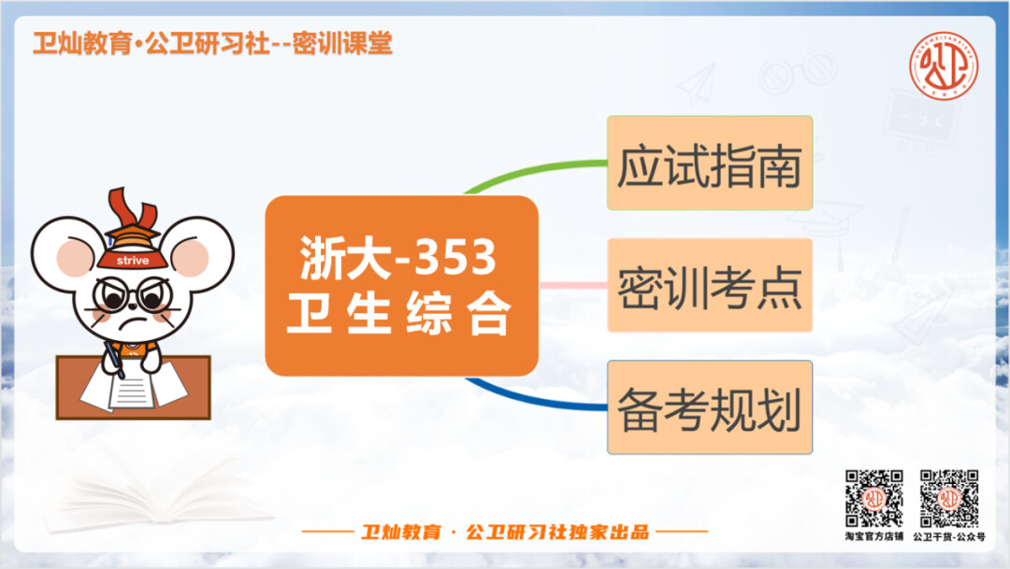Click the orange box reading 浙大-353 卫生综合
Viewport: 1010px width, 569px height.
pyautogui.click(x=401, y=286)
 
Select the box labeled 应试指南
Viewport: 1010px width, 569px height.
pyautogui.click(x=710, y=163)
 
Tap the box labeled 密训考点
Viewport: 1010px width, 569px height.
pyautogui.click(x=710, y=285)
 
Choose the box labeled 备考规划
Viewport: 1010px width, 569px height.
pyautogui.click(x=710, y=407)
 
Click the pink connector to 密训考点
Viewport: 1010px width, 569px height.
pyautogui.click(x=572, y=285)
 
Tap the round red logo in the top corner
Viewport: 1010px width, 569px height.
pyautogui.click(x=944, y=66)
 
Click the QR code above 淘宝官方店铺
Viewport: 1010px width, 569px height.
pyautogui.click(x=874, y=498)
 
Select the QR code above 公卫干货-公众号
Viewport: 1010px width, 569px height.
pyautogui.click(x=949, y=498)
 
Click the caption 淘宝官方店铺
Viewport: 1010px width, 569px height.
pyautogui.click(x=874, y=536)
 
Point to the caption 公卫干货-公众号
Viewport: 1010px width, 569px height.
pyautogui.click(x=949, y=536)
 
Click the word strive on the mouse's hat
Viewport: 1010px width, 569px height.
pyautogui.click(x=133, y=261)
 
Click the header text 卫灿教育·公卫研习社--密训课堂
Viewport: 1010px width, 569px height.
pyautogui.click(x=212, y=44)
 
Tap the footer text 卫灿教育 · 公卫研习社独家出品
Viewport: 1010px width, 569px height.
pyautogui.click(x=504, y=533)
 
